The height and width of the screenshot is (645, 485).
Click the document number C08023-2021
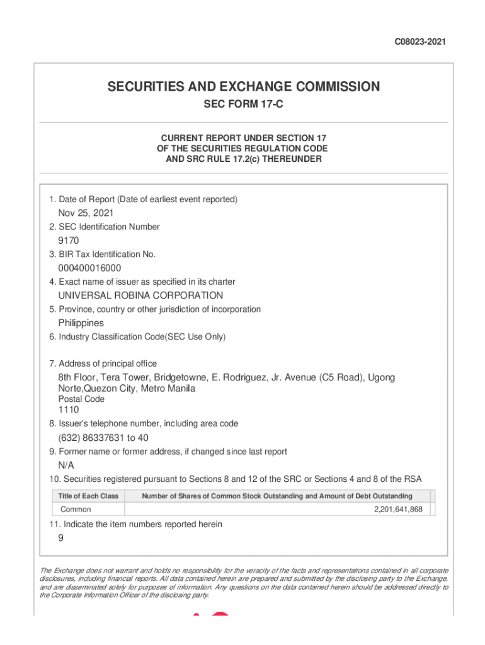tap(420, 42)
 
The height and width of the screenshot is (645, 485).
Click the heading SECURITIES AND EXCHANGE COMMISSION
tap(243, 86)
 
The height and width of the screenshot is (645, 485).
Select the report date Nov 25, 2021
tap(86, 213)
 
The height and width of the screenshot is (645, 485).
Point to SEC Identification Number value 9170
tap(69, 241)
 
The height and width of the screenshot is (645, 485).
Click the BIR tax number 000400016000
tap(89, 268)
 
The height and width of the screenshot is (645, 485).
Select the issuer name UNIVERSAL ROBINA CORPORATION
tap(140, 295)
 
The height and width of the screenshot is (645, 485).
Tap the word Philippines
tap(81, 323)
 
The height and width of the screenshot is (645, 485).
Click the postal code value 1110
tap(69, 410)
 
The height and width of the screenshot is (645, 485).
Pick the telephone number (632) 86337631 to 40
tap(103, 438)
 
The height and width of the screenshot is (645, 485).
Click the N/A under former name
tap(66, 465)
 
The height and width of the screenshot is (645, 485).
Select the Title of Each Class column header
tap(88, 496)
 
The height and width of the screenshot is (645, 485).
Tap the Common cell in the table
tap(76, 510)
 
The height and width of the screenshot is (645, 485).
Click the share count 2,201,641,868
tap(398, 510)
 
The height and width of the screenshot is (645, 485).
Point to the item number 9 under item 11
tap(61, 538)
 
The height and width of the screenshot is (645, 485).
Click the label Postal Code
tap(81, 399)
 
